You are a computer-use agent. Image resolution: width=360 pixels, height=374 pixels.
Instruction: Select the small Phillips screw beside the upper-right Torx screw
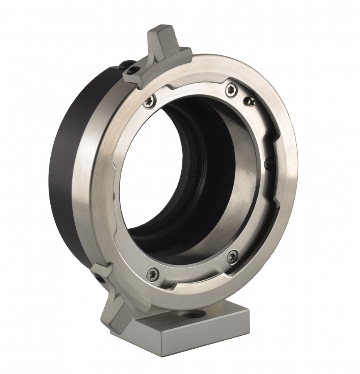point(251,100)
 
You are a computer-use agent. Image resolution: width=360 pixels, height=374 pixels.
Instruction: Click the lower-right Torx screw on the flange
point(232,256)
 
